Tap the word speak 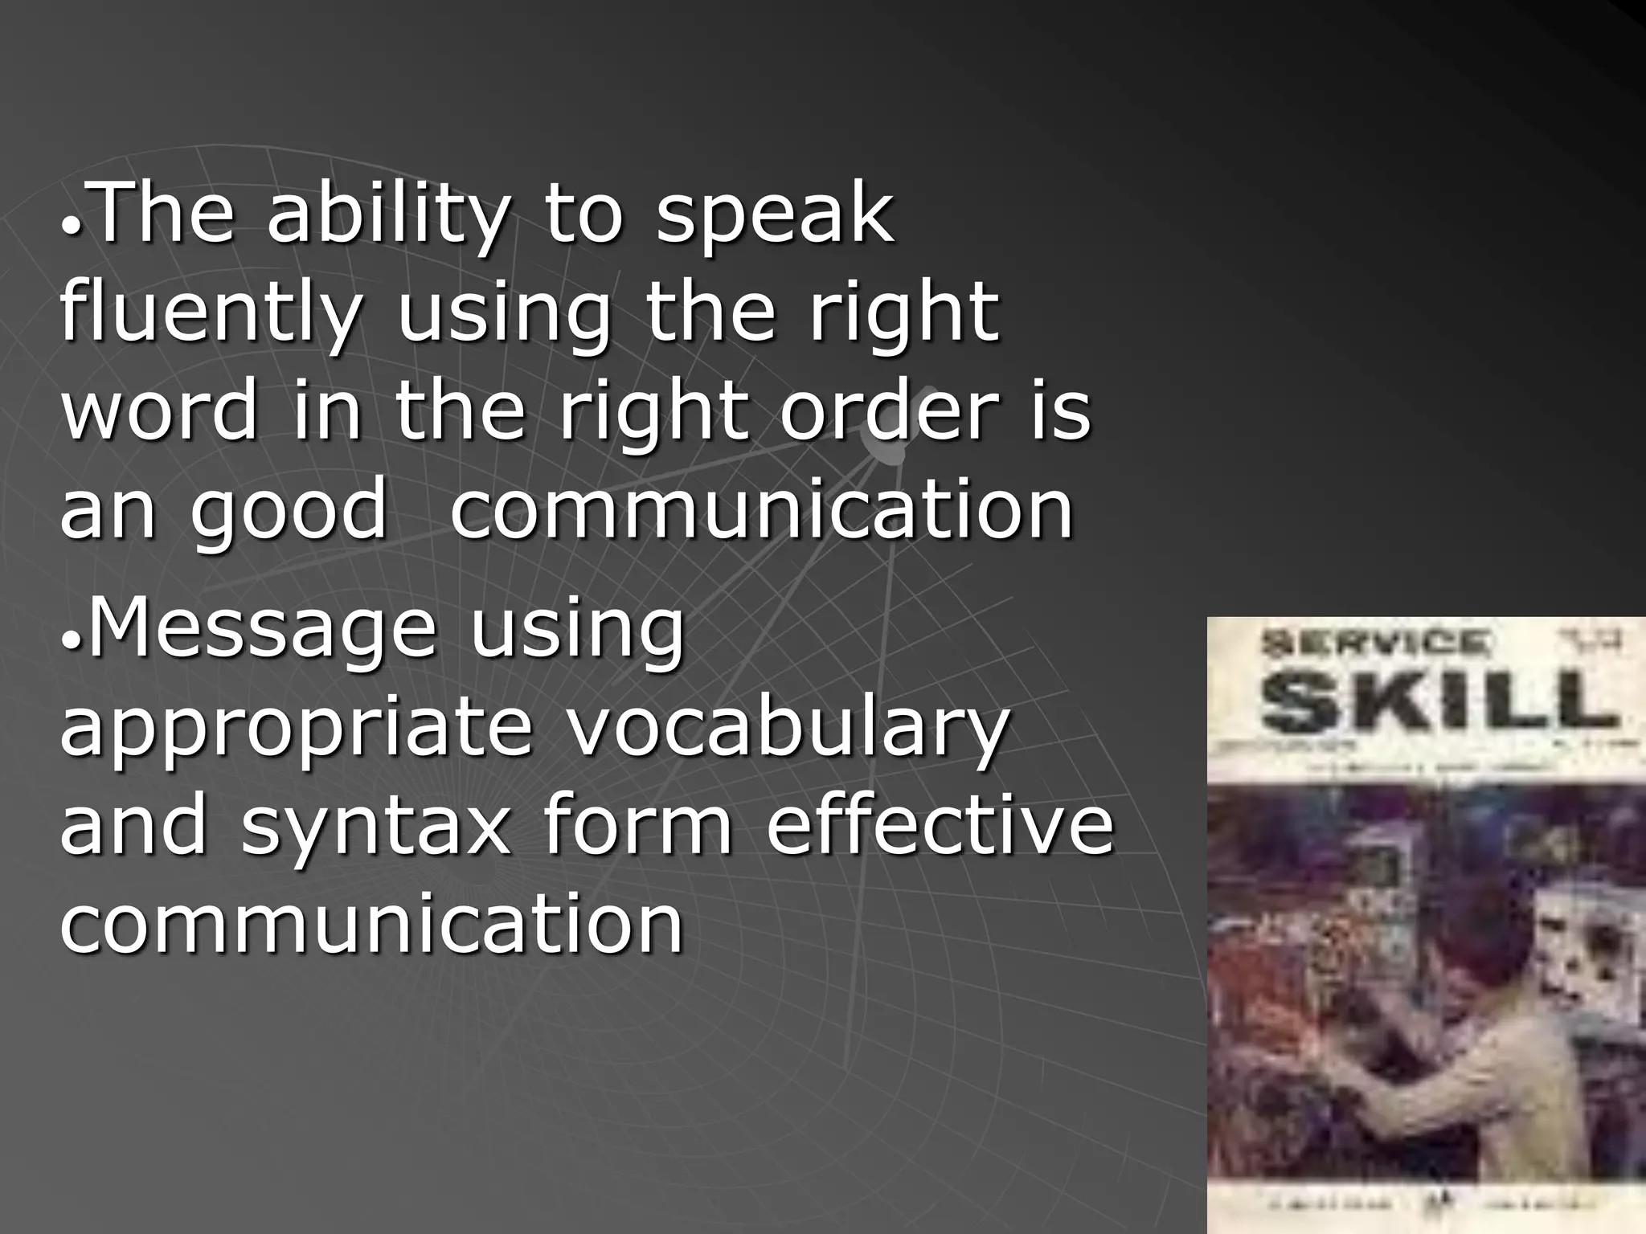coord(774,215)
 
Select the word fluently coord(209,313)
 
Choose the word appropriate coord(296,729)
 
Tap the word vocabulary coord(788,729)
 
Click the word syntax coord(375,827)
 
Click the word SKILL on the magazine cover coord(1438,699)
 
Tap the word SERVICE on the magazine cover coord(1374,643)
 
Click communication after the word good coord(761,509)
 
